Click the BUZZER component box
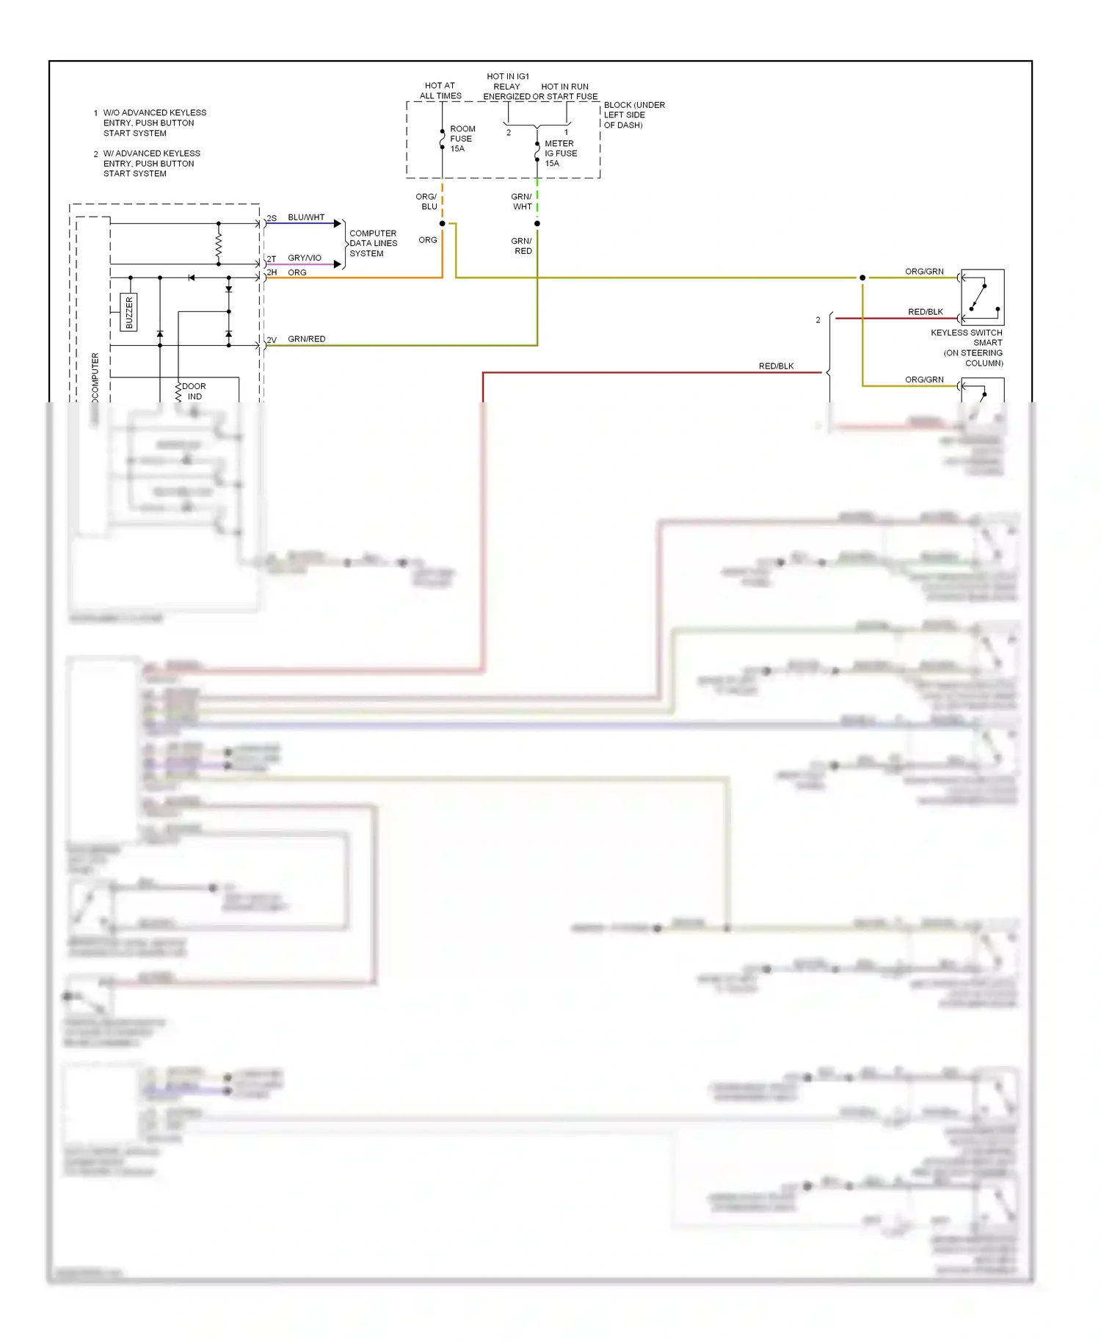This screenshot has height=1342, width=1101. pos(129,312)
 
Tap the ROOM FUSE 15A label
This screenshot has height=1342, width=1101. pos(462,139)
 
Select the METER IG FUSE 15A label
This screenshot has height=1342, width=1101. pos(560,153)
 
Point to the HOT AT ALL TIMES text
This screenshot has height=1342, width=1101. pos(440,91)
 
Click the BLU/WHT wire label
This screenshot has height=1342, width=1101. pos(306,217)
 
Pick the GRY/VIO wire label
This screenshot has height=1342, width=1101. pos(305,258)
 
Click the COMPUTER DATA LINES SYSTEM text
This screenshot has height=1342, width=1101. pos(373,243)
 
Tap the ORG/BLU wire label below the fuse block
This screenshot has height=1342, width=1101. pos(426,202)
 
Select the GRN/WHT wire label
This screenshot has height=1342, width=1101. pos(522,202)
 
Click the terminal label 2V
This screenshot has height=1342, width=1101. pos(272,340)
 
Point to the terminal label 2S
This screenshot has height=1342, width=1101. pos(272,219)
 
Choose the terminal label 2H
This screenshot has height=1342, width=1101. pos(272,272)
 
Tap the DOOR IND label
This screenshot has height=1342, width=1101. pos(194,391)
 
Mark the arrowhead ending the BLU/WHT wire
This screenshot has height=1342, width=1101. pos(338,223)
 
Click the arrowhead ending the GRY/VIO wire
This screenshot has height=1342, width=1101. pos(338,264)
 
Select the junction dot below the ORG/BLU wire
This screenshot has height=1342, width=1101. pos(442,223)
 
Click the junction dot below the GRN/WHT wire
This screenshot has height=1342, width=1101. pos(537,223)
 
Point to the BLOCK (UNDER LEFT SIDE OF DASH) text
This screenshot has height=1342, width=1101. pos(634,115)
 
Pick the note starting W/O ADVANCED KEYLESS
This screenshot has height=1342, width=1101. pos(154,123)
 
